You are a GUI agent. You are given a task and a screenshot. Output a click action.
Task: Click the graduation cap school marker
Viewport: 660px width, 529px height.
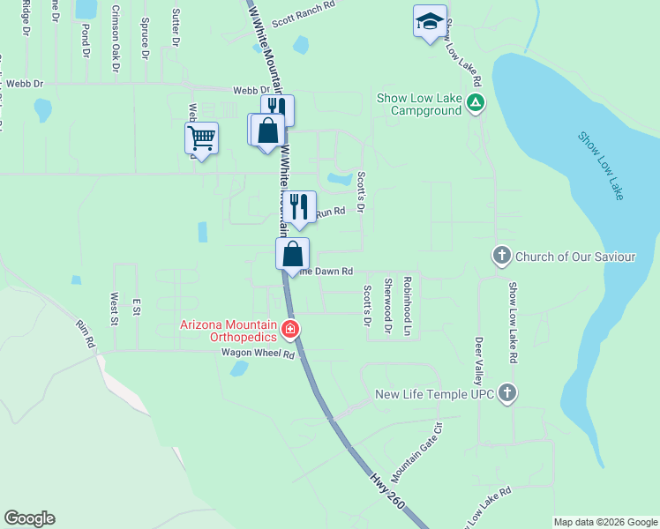pos(430,23)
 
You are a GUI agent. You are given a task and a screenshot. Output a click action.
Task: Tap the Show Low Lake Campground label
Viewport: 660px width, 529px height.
pos(419,104)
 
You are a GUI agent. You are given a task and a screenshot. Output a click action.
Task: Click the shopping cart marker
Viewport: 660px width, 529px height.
pos(201,138)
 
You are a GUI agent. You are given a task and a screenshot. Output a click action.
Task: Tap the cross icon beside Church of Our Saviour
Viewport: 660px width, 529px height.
pos(501,257)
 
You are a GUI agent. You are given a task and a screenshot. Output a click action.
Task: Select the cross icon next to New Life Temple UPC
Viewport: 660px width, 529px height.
pos(506,394)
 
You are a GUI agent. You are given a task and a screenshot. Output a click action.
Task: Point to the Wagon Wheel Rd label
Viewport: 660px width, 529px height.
pos(258,354)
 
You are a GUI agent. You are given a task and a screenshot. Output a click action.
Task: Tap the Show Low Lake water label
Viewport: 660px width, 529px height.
pos(602,165)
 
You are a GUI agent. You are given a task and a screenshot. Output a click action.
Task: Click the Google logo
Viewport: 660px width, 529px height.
pos(29,518)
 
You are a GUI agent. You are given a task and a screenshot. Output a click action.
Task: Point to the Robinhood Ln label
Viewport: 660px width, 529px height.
pos(407,308)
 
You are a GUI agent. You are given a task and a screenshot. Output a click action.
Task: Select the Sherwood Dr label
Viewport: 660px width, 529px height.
pos(387,307)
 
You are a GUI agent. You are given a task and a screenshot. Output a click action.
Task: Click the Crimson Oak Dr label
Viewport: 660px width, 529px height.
pos(115,36)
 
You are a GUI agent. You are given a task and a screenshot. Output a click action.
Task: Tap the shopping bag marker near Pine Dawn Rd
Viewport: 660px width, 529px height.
pos(293,254)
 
